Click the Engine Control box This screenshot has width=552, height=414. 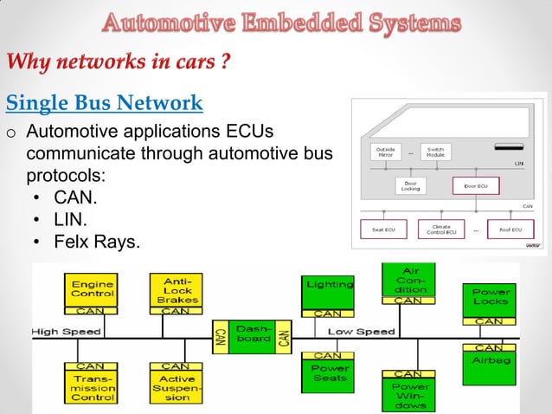coord(92,290)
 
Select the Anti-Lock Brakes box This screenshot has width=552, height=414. coord(176,290)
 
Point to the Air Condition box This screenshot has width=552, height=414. coord(408,279)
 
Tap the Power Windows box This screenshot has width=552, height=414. coord(408,394)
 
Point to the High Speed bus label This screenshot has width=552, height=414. coord(67,332)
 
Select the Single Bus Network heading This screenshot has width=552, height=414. coord(105,104)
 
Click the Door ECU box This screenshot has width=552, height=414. coord(476,186)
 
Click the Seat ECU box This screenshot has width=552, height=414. coord(383,230)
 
